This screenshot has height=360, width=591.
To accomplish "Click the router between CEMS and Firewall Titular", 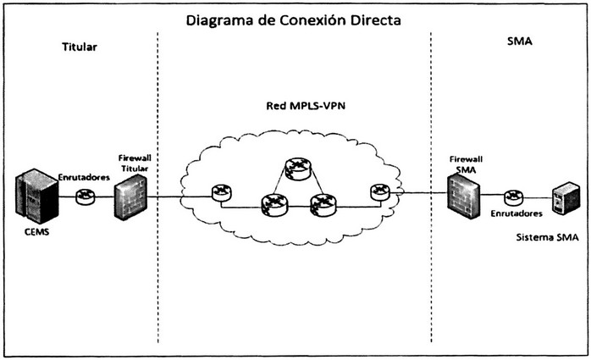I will tap(85, 197).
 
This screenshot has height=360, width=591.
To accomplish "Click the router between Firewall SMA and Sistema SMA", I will tap(512, 197).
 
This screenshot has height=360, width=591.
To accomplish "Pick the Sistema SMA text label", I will tap(546, 239).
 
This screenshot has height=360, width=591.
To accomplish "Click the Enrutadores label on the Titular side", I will tap(84, 177).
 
